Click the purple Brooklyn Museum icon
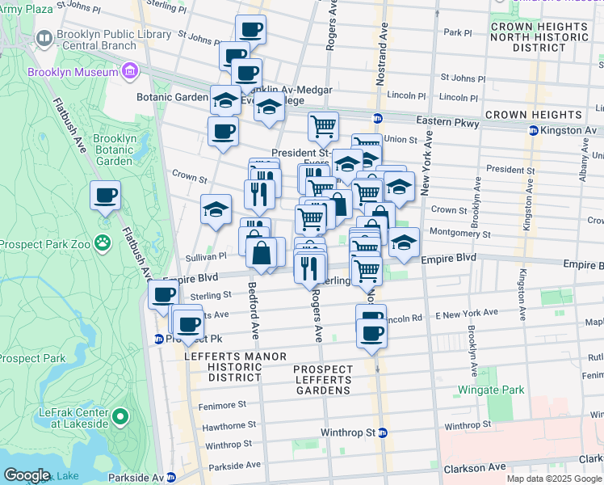point(129,73)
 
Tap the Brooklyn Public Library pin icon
point(44,38)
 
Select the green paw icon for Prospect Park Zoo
point(103,242)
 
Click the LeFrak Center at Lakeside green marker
point(120,417)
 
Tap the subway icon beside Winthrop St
point(383,432)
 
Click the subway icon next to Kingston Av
point(533,130)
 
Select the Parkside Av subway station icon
point(170,478)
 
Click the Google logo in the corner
point(27,475)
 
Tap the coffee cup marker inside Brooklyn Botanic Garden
point(105,195)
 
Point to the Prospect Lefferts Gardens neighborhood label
point(323,380)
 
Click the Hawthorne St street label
point(230,424)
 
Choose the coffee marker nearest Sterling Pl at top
point(250,30)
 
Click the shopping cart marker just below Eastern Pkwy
point(323,126)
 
